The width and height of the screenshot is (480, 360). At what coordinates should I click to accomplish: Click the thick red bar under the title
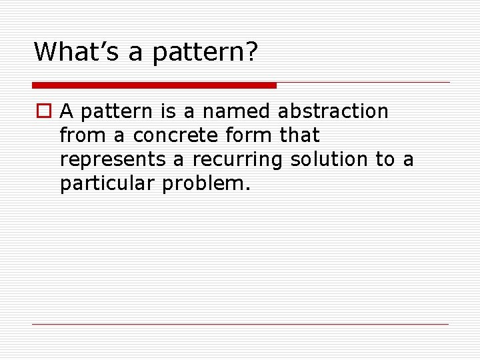(154, 85)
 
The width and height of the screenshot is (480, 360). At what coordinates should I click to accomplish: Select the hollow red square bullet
(43, 111)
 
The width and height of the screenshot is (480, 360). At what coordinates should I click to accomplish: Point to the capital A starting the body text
(67, 111)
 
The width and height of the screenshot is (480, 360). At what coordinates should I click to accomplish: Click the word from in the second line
(83, 135)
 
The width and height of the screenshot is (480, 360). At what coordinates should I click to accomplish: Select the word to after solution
(385, 160)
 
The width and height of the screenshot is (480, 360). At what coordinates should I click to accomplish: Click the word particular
(107, 184)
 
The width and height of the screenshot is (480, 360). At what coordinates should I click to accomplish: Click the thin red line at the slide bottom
(240, 324)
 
